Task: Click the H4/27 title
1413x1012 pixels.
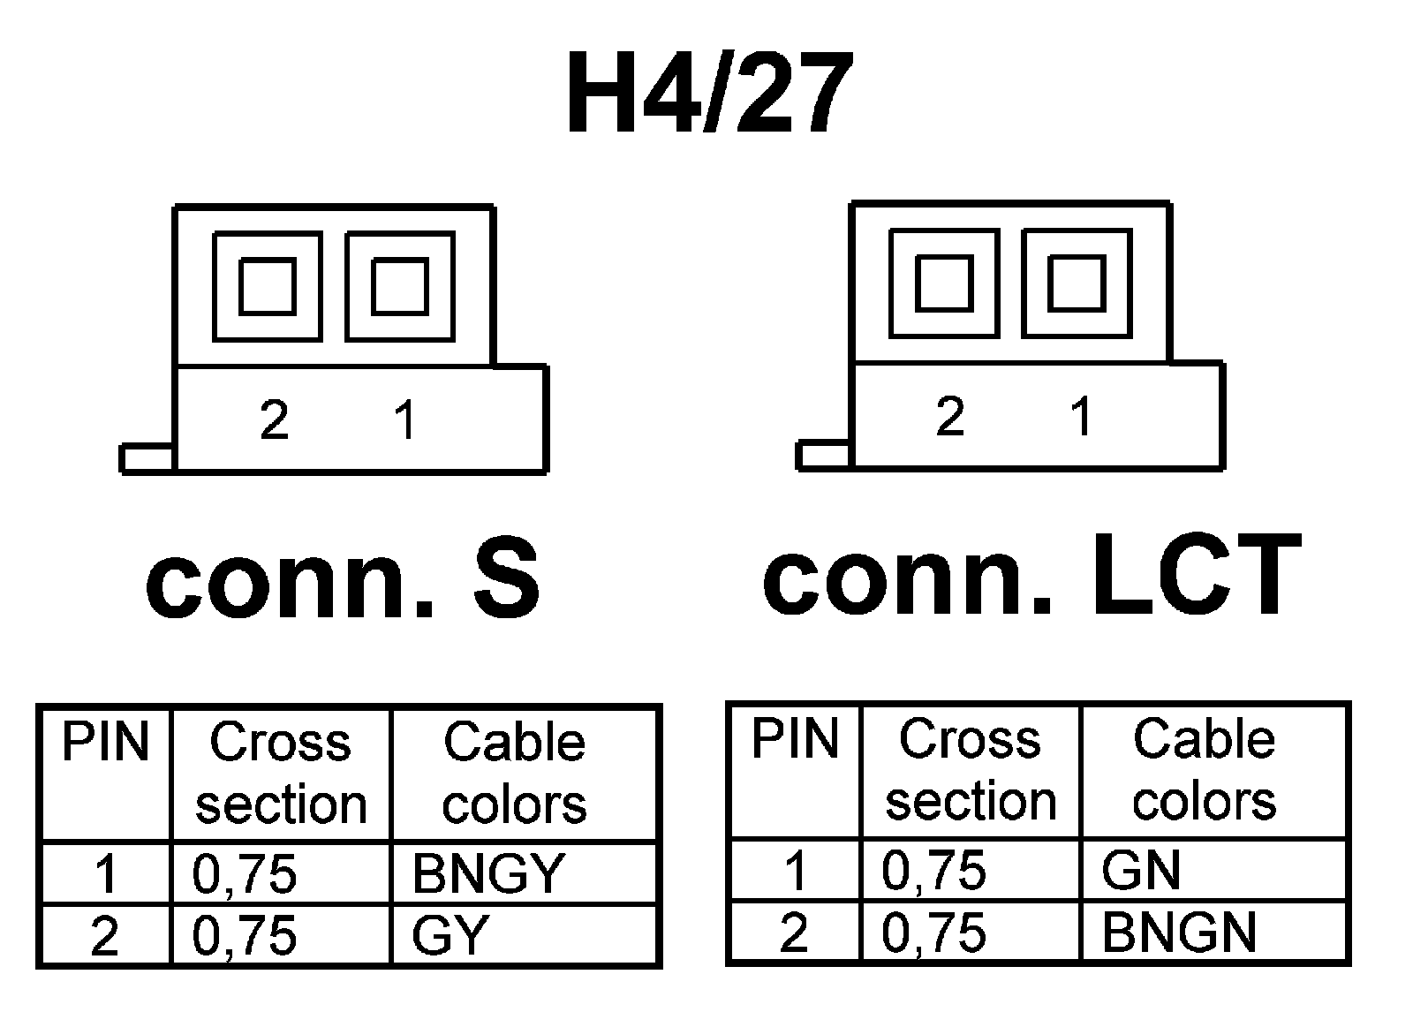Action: (709, 93)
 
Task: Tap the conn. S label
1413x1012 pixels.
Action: (342, 578)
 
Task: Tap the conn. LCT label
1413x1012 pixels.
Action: (1031, 575)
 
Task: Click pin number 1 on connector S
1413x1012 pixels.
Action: (405, 419)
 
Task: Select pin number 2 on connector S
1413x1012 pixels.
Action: (274, 419)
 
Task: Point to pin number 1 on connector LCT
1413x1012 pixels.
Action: (1081, 416)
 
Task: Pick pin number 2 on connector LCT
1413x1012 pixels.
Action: (949, 416)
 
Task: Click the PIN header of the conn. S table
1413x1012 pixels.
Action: (105, 743)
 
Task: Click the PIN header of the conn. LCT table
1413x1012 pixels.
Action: (795, 739)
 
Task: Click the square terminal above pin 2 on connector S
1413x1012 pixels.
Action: (267, 286)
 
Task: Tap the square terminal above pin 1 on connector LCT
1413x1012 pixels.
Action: (1077, 283)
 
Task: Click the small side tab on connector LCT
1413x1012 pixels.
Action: (823, 456)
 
